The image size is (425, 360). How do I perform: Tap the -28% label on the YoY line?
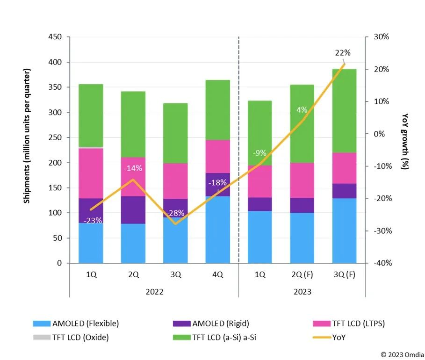(176, 213)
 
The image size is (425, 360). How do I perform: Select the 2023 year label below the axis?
(302, 292)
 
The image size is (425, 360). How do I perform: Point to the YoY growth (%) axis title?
(405, 136)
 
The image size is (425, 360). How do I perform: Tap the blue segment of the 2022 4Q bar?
(218, 230)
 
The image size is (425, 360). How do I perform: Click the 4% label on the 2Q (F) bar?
(302, 110)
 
